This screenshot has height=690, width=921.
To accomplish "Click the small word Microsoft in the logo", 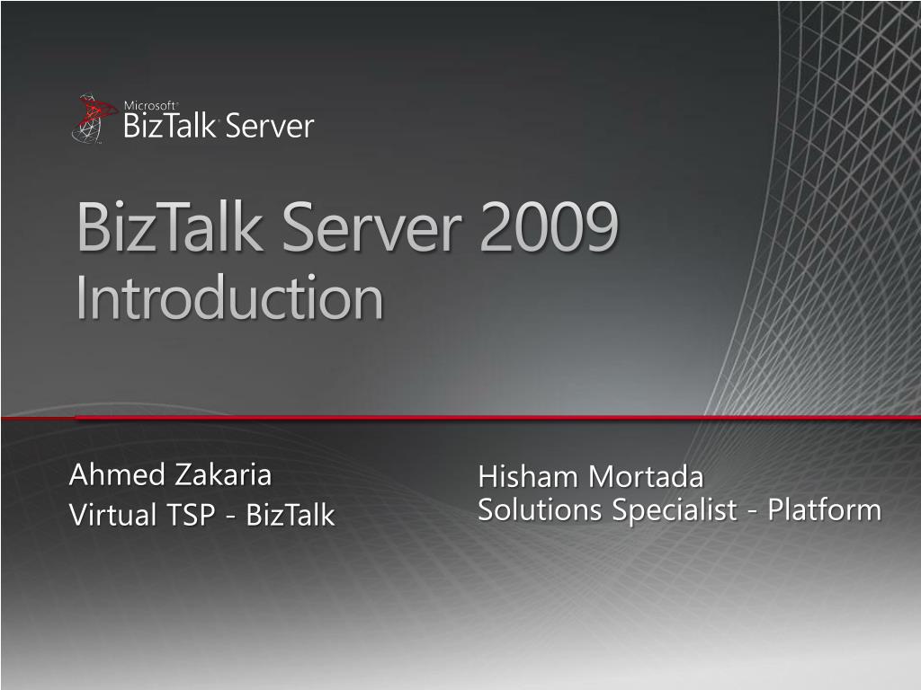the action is (150, 106).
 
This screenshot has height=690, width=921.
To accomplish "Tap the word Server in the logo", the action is (270, 126).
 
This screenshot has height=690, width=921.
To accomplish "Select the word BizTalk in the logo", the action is (169, 126).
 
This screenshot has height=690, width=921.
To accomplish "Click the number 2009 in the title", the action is (550, 226).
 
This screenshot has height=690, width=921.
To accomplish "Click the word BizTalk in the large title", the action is (170, 226).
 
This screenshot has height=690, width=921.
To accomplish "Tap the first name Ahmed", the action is (117, 474).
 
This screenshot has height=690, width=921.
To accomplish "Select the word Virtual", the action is (112, 514).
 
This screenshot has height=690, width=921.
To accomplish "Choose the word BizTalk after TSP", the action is (291, 515).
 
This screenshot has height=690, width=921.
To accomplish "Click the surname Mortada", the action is (646, 476).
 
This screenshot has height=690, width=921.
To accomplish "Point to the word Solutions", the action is (540, 509).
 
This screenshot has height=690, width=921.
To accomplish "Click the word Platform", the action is (825, 509).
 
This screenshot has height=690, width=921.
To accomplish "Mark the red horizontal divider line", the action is (460, 418).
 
